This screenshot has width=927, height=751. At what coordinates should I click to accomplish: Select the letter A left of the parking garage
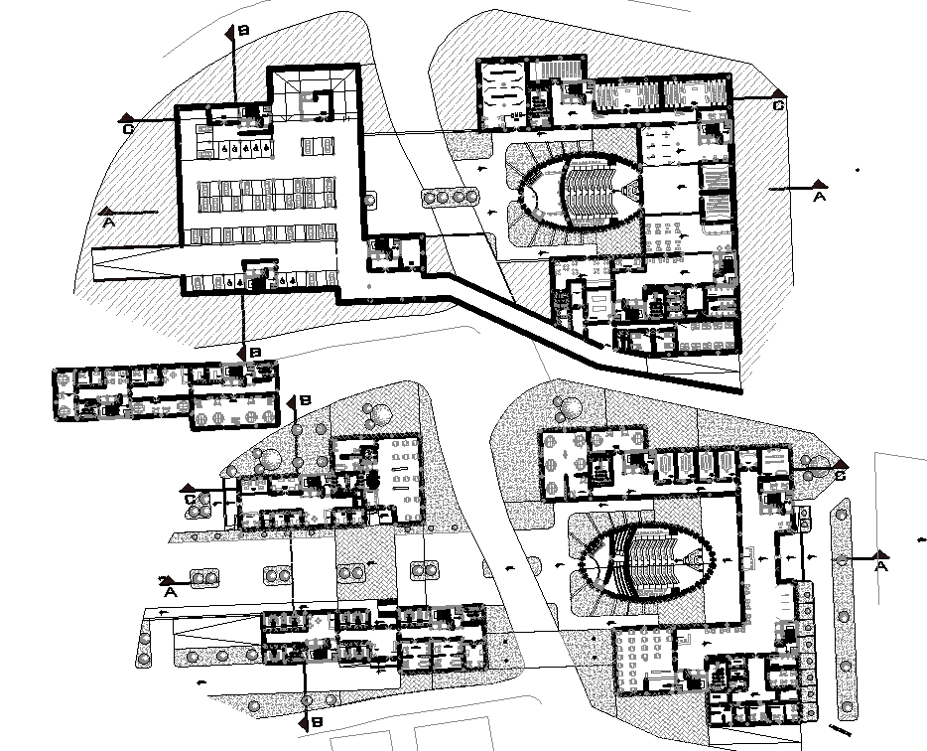(106, 223)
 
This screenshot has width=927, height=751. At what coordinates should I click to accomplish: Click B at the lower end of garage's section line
(255, 353)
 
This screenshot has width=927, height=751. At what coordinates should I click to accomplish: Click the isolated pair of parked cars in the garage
(318, 146)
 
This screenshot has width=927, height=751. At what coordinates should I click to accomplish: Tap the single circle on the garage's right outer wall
(369, 200)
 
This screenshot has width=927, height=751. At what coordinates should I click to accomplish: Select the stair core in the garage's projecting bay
(318, 100)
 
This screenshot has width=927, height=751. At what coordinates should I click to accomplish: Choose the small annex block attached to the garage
(395, 252)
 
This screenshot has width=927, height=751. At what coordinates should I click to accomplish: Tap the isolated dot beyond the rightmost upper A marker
(860, 170)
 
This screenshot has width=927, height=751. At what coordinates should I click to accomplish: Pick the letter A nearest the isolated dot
(819, 198)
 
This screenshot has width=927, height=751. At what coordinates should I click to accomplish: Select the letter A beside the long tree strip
(880, 566)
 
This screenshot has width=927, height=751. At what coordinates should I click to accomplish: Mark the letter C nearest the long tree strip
(840, 476)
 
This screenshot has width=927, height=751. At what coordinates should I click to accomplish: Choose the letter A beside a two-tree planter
(170, 591)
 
